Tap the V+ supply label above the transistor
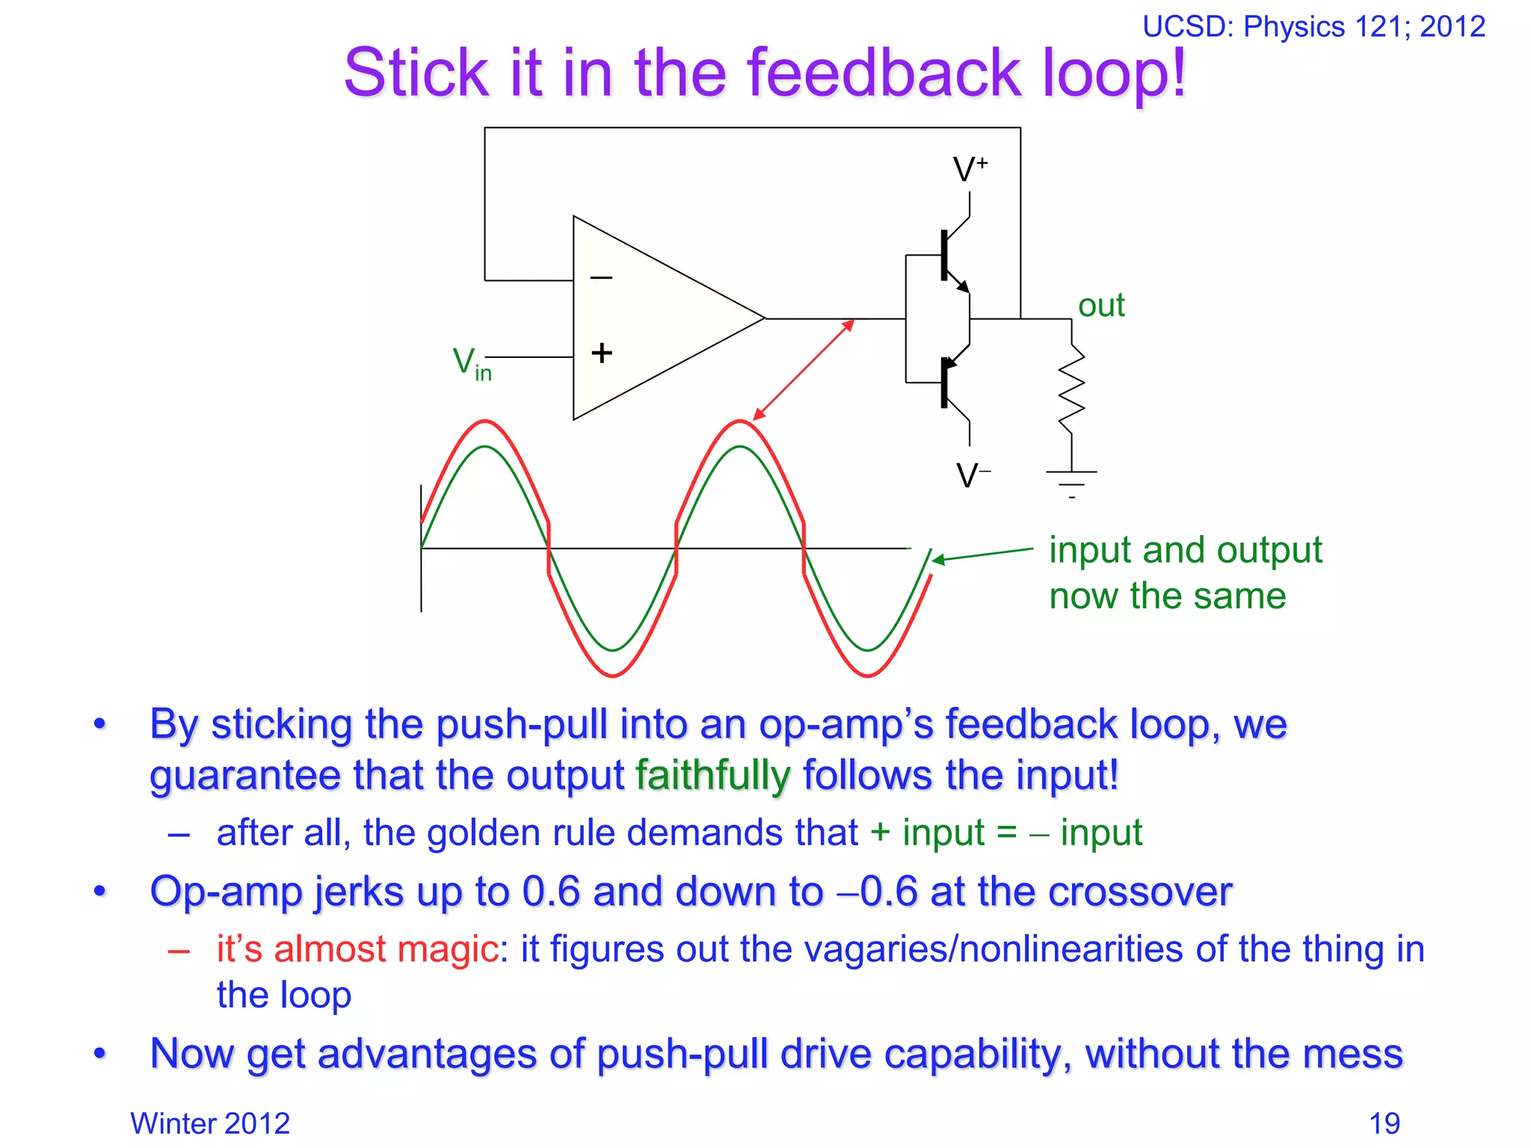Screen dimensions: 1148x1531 click(x=970, y=170)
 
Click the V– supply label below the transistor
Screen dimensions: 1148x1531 click(x=973, y=475)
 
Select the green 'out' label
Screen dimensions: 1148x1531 click(x=1100, y=306)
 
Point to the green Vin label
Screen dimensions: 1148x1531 click(x=472, y=364)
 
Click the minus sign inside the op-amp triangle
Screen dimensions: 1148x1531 click(x=601, y=278)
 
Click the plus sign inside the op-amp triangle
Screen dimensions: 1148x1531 click(x=601, y=353)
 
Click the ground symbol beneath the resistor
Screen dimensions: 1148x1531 click(x=1071, y=482)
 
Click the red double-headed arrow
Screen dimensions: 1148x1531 click(x=804, y=369)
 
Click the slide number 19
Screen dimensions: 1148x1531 click(x=1384, y=1123)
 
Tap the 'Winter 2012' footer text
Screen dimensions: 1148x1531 click(x=210, y=1123)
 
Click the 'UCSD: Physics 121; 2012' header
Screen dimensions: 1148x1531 click(x=1313, y=27)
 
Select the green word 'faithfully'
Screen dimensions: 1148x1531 click(x=712, y=775)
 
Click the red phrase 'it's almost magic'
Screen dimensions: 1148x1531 click(x=357, y=949)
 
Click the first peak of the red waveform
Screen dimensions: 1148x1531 click(x=485, y=422)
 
